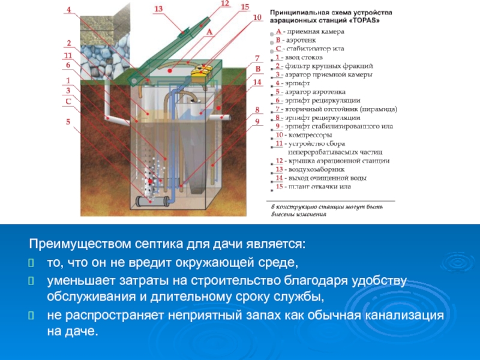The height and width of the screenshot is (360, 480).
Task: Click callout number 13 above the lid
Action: point(158,9)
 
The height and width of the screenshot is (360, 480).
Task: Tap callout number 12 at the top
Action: point(225,4)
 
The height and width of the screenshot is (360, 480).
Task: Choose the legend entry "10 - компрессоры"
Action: point(304,136)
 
